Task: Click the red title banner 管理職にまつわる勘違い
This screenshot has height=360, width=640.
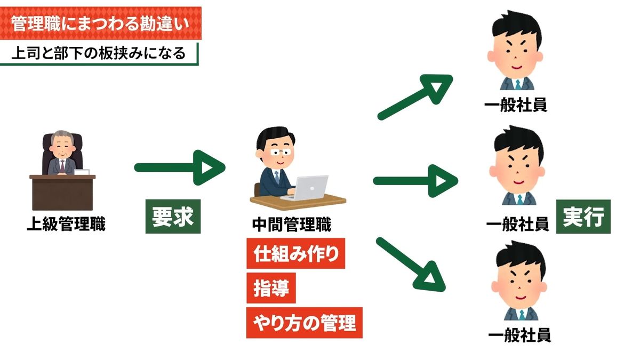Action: tap(101, 23)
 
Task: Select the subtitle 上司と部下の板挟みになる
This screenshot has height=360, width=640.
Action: tap(99, 53)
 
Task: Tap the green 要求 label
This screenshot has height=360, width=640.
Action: tap(173, 217)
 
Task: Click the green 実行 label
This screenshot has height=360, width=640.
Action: tap(583, 217)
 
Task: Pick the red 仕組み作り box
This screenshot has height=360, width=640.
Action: tap(295, 255)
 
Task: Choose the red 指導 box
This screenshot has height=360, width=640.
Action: tap(271, 289)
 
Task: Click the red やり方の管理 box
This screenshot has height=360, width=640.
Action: tap(304, 322)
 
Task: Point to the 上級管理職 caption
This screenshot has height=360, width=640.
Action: tap(66, 225)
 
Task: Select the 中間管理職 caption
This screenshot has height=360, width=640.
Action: tap(292, 225)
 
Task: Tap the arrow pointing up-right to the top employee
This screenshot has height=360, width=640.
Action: tap(415, 96)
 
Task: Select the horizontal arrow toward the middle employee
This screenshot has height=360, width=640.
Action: tap(415, 180)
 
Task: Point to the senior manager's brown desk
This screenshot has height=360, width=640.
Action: tap(62, 191)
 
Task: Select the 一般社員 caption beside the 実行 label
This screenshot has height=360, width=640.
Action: tap(517, 224)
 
